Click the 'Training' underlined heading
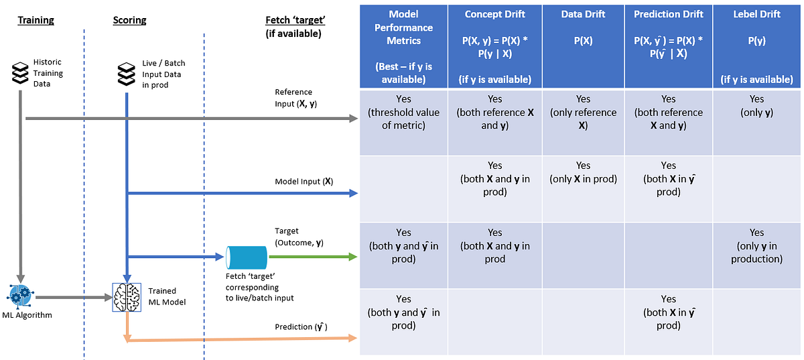[35, 20]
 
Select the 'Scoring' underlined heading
[129, 20]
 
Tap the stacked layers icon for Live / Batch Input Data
[126, 74]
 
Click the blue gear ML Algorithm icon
[20, 296]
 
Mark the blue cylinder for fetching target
[246, 257]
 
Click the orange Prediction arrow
[241, 339]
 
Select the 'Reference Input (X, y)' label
[294, 98]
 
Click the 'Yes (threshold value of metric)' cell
[403, 112]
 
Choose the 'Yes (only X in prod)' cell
[583, 172]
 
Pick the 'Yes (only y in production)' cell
[756, 245]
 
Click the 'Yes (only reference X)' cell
[583, 112]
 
